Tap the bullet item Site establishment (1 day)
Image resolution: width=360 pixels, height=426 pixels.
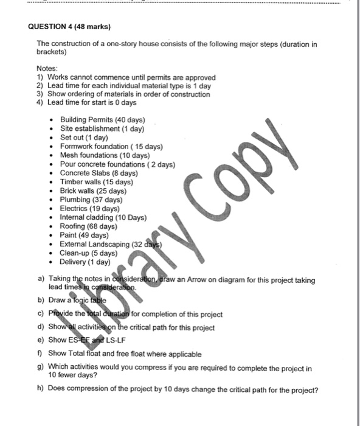coord(102,129)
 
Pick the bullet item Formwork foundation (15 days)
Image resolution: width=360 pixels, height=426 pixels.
coord(111,147)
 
